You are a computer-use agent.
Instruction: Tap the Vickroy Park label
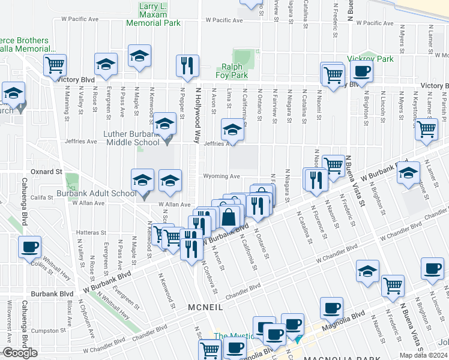(x=370, y=59)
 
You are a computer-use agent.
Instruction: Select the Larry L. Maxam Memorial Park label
(x=152, y=15)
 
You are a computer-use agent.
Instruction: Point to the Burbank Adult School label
(x=96, y=194)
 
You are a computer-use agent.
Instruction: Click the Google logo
(x=20, y=353)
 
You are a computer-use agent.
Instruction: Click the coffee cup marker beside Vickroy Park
(x=361, y=71)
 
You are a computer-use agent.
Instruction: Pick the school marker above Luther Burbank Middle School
(x=164, y=124)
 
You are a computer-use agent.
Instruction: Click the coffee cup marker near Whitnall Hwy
(x=29, y=247)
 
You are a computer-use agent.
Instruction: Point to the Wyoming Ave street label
(x=222, y=176)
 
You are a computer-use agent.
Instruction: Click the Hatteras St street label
(x=91, y=232)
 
